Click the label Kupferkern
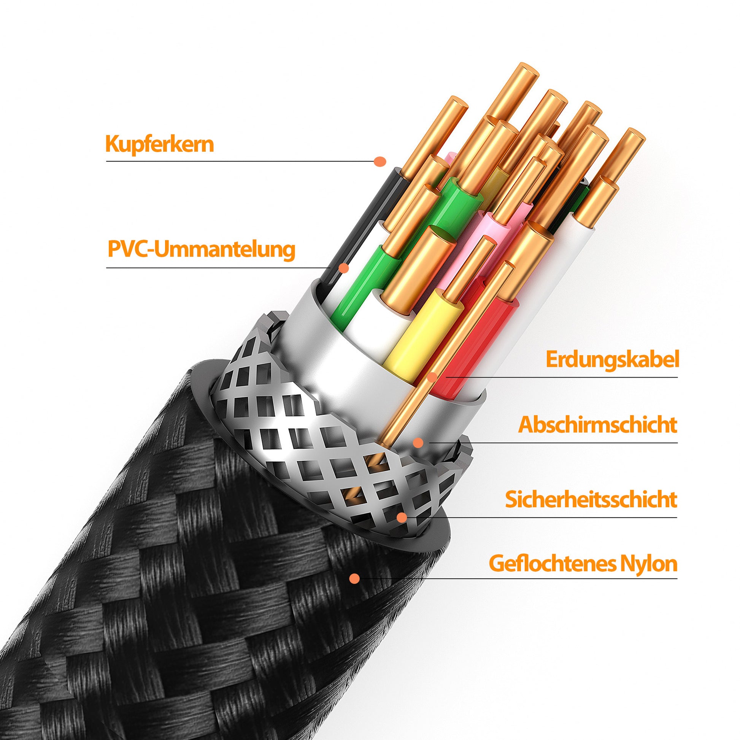click(159, 145)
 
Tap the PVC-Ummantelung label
click(202, 249)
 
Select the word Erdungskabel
click(612, 360)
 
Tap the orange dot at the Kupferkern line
click(380, 161)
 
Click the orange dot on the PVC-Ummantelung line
click(345, 268)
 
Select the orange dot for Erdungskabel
click(432, 377)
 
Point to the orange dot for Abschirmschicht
click(418, 443)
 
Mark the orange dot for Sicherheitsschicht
click(402, 518)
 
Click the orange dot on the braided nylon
click(355, 578)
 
